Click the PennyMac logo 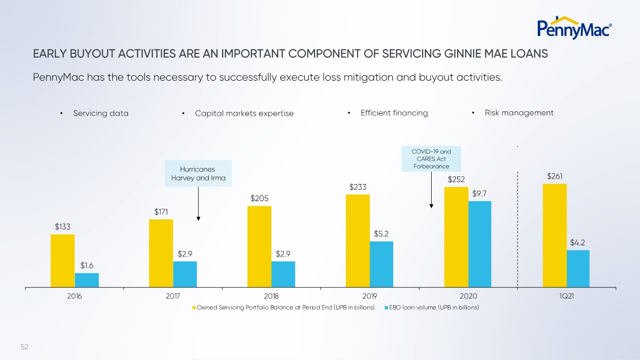tap(574, 27)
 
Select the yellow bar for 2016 tap(62, 261)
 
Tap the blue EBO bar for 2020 tap(480, 244)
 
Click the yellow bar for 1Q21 tap(555, 235)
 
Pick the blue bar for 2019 tap(381, 264)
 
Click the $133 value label tap(62, 227)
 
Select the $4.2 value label tap(578, 243)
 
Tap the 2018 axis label tap(271, 296)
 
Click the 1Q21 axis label tap(567, 296)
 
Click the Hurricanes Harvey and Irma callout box tap(197, 173)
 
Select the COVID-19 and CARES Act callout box tap(431, 159)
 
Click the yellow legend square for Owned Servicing tap(194, 308)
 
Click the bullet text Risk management tap(519, 113)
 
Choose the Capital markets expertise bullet tap(244, 113)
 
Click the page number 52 tap(24, 346)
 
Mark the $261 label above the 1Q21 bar tap(555, 177)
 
